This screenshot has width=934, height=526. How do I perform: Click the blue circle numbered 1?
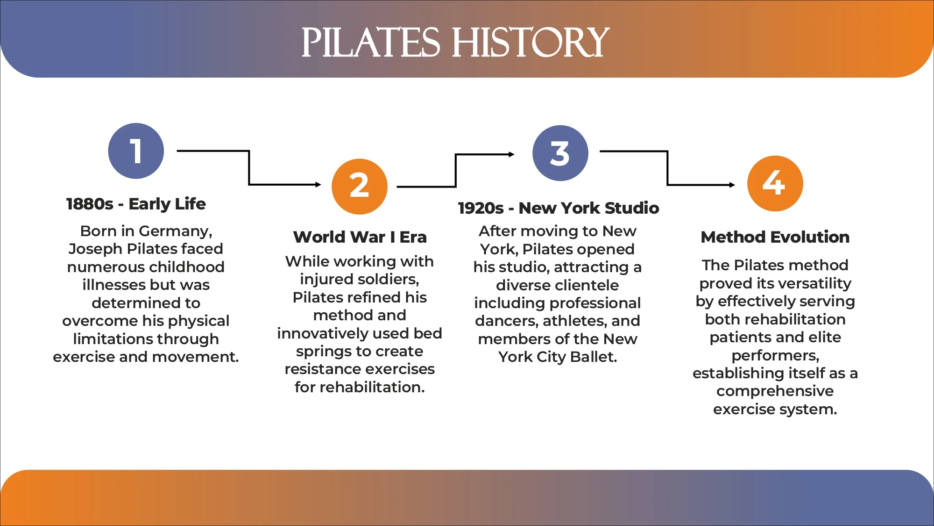point(136,151)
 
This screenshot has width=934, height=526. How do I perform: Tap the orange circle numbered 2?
point(360,187)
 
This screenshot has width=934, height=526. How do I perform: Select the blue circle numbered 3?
point(560,153)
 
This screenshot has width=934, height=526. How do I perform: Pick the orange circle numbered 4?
point(775,183)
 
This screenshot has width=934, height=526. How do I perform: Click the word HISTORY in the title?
point(531,43)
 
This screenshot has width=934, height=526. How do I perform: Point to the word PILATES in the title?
point(370,43)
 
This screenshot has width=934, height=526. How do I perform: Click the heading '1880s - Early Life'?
point(136,204)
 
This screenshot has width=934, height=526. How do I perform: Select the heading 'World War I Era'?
point(360,237)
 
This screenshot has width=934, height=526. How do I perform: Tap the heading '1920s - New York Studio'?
point(559,208)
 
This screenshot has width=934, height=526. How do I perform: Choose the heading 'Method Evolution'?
point(775,237)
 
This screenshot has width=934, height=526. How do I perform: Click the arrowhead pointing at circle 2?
point(318,185)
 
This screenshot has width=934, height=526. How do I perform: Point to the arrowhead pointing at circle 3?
point(511,154)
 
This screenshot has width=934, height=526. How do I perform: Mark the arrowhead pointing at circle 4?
point(732,185)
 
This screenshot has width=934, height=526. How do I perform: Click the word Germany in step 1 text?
point(175,231)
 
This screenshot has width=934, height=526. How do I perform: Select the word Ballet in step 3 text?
point(593,357)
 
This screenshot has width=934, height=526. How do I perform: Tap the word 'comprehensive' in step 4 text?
point(775,391)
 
